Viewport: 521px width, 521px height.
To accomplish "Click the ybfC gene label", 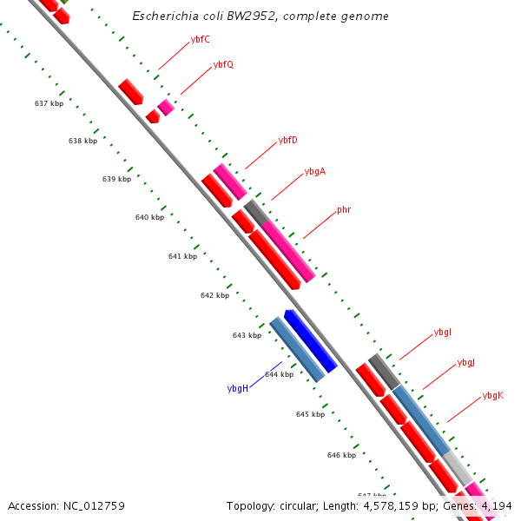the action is tap(200, 40).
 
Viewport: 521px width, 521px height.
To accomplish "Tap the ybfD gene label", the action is tap(287, 140).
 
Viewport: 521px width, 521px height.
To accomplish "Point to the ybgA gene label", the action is tap(315, 171).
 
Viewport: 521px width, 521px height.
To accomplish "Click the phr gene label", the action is tap(344, 209).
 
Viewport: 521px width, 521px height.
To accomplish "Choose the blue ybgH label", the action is tap(238, 388).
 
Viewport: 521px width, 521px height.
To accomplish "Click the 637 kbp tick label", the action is tap(49, 103).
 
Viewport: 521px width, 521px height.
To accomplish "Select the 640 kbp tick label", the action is tap(149, 217).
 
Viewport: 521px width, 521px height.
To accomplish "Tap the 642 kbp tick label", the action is tap(214, 295).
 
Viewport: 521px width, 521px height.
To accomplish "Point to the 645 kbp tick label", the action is tap(310, 414).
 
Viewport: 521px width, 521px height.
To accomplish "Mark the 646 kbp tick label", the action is tap(341, 455).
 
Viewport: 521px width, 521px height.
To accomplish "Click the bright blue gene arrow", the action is tap(310, 340).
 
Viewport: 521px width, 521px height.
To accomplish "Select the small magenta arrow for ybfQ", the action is tap(166, 108).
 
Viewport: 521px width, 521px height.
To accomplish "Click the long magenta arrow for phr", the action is tap(287, 251).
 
